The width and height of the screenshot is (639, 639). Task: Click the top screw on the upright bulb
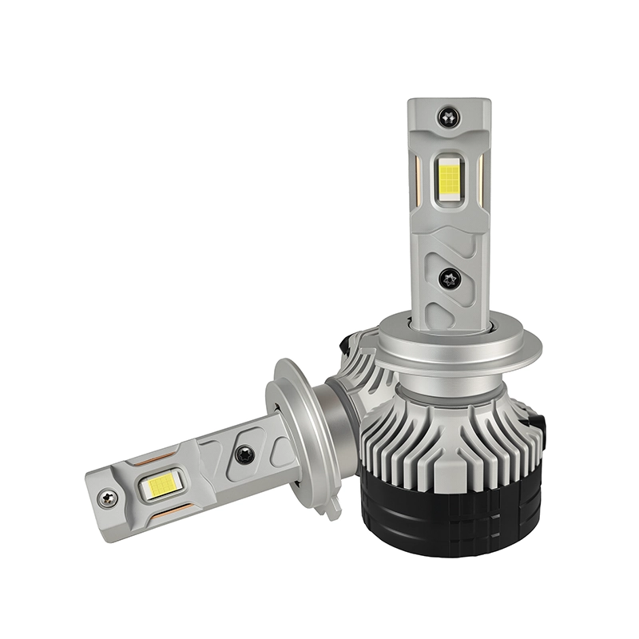tap(448, 117)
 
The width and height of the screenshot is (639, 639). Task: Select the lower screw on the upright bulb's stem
tap(448, 278)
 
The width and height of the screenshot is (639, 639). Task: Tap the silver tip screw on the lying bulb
tap(107, 498)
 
